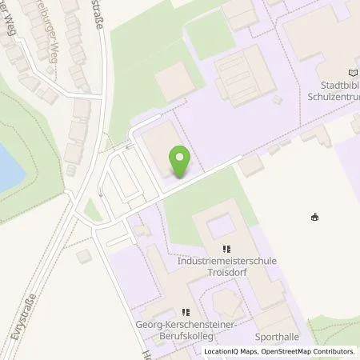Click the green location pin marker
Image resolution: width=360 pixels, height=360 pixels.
179,162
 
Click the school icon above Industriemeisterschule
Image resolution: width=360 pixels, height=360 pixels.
226,249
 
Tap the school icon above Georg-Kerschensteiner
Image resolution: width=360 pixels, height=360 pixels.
186,313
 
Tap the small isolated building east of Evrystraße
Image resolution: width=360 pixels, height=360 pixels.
84,256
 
